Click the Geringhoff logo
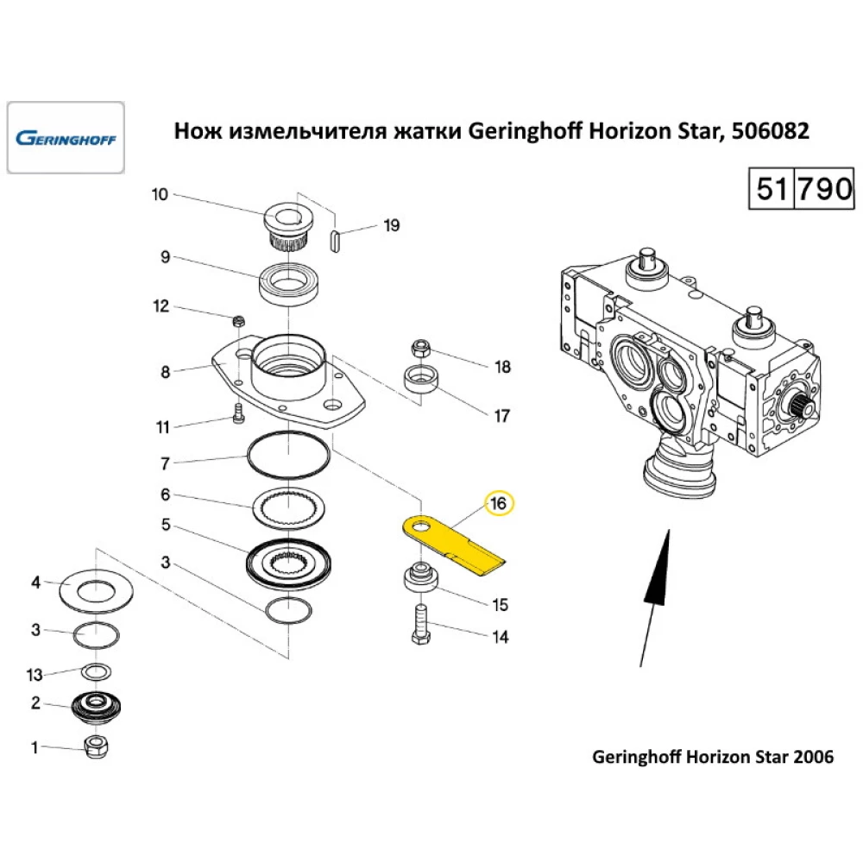tap(66, 138)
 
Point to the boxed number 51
tap(770, 188)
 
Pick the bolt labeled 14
tap(419, 625)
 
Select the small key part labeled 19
tap(337, 241)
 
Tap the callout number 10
tap(160, 194)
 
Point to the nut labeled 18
tap(421, 349)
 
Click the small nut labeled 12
tap(239, 322)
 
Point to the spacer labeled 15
tap(419, 577)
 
